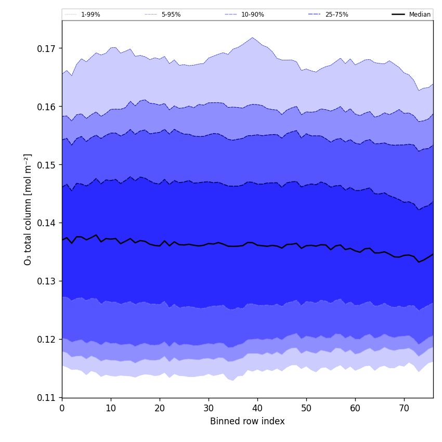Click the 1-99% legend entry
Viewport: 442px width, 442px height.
click(x=90, y=15)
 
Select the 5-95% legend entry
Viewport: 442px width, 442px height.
click(x=171, y=15)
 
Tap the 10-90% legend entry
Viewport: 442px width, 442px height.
click(x=252, y=15)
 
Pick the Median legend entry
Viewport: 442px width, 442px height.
click(x=419, y=15)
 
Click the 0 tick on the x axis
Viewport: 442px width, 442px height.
click(x=62, y=409)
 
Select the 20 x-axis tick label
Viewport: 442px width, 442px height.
click(x=160, y=409)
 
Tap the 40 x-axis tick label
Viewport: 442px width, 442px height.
click(x=257, y=409)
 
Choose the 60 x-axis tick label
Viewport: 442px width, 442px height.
click(x=355, y=409)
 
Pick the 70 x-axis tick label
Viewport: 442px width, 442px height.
click(x=404, y=409)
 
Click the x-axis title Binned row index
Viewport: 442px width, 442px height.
click(x=248, y=422)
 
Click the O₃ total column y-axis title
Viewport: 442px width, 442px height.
click(x=28, y=209)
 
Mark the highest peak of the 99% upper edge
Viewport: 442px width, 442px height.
click(x=253, y=37)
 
